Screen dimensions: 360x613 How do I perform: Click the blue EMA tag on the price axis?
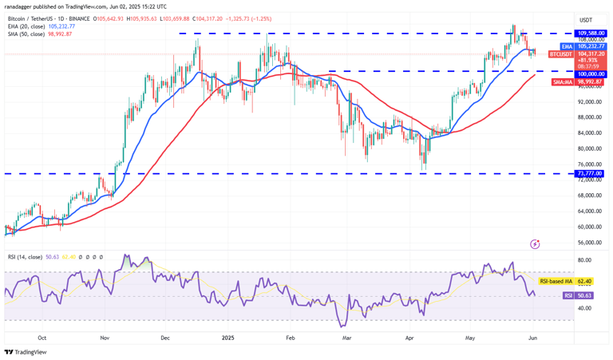point(567,47)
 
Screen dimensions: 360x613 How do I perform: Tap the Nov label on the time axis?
point(105,338)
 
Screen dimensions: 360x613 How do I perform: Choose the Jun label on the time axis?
point(533,338)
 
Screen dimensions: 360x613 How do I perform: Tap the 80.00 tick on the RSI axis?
point(585,260)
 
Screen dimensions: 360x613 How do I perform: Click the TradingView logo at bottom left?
point(26,352)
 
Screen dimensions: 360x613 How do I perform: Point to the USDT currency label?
point(586,20)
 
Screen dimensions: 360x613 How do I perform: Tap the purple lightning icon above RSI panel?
point(534,243)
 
